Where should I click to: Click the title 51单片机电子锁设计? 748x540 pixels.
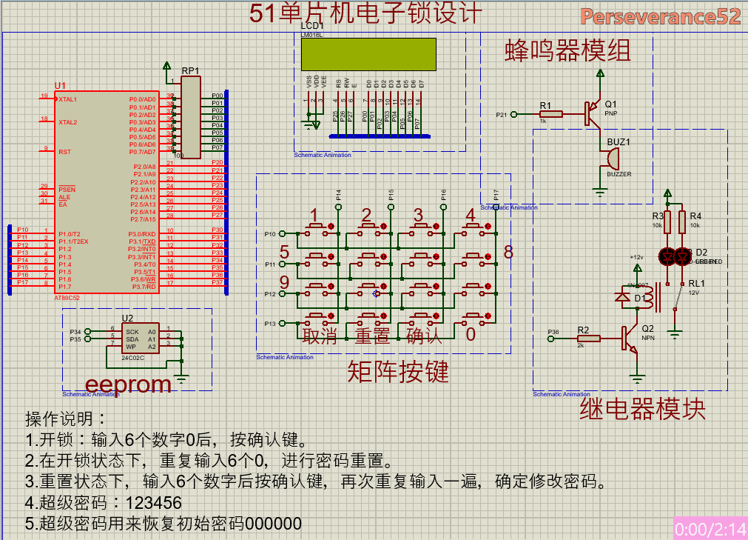click(x=365, y=13)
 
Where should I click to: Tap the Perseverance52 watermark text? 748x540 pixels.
click(x=660, y=17)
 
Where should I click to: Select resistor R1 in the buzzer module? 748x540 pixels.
click(x=550, y=114)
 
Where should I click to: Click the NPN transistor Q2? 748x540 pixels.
click(x=630, y=339)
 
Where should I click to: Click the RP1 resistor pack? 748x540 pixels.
click(x=191, y=117)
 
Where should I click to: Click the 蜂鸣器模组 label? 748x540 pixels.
click(x=567, y=50)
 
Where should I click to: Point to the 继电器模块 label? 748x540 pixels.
click(x=641, y=409)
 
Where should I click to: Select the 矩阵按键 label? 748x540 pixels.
click(x=398, y=372)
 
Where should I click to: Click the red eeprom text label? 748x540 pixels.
click(x=128, y=384)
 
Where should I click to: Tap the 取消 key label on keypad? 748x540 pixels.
click(x=320, y=336)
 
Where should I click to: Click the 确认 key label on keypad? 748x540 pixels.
click(x=424, y=336)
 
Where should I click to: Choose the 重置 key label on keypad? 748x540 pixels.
click(x=371, y=336)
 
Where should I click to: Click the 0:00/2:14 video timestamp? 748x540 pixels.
click(x=710, y=529)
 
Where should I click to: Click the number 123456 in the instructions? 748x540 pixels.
click(x=154, y=503)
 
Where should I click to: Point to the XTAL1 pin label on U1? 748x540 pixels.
click(x=67, y=99)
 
